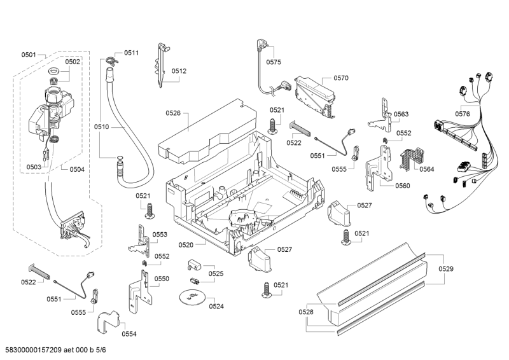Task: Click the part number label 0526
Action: (173, 113)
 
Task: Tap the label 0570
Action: (341, 78)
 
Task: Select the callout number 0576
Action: (463, 113)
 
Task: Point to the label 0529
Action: (446, 269)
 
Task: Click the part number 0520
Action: (186, 244)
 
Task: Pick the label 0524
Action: (216, 306)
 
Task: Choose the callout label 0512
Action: (179, 71)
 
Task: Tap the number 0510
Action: (102, 127)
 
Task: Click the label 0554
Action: (129, 333)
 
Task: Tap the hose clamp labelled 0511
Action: (112, 60)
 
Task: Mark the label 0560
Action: (402, 186)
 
